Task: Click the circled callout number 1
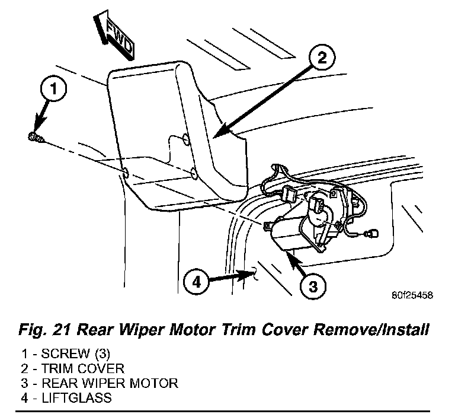click(x=53, y=91)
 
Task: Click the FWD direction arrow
click(x=116, y=37)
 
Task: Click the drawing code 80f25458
click(x=412, y=295)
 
